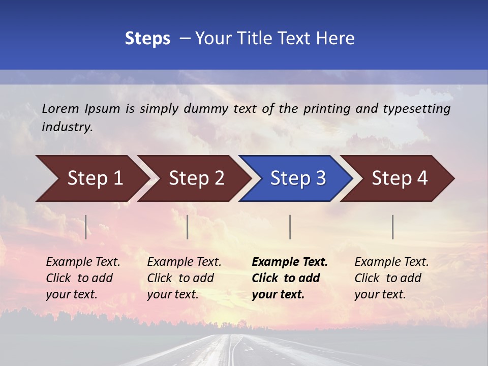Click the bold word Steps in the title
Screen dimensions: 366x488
click(147, 39)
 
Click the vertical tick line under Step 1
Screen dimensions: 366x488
click(86, 227)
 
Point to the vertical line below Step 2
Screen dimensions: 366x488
click(188, 227)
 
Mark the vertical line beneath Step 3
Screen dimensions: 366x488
click(290, 227)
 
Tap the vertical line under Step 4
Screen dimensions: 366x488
click(393, 227)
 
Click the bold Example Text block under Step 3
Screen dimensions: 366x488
click(289, 278)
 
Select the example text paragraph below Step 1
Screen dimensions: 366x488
click(83, 278)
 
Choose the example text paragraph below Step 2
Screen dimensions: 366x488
click(184, 278)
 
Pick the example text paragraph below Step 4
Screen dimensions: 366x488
click(391, 278)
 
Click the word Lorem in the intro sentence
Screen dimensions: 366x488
click(60, 108)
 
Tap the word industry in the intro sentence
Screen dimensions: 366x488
click(67, 127)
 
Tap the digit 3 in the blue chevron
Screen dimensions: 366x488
click(320, 178)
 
